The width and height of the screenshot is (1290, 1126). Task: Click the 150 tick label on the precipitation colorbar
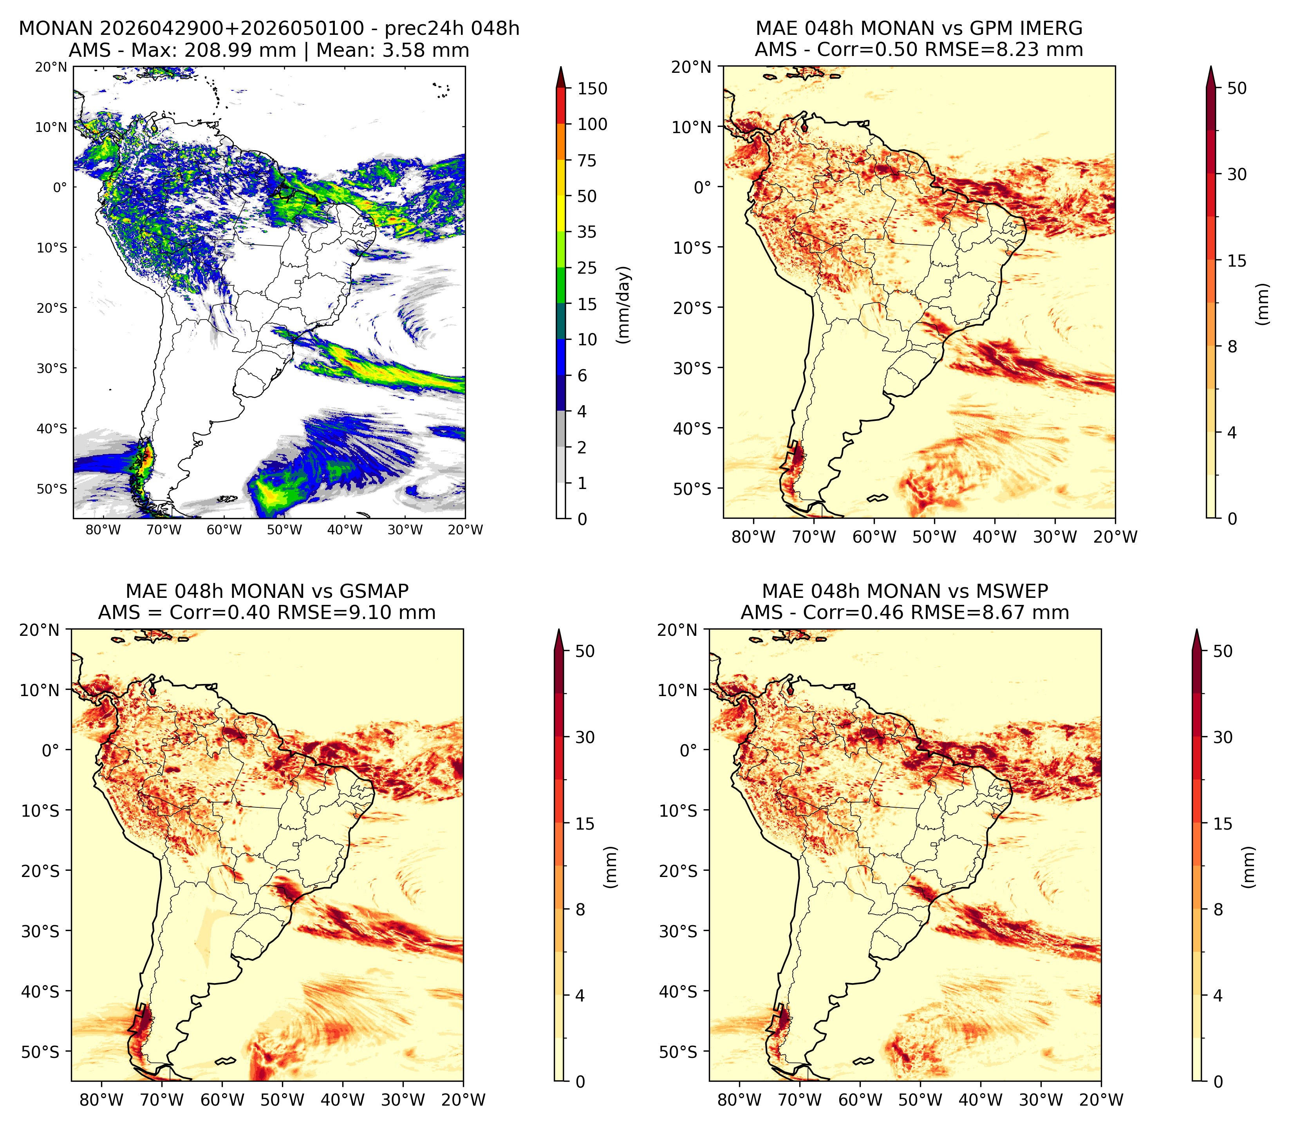(593, 88)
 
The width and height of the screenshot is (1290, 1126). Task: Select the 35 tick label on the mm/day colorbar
(587, 232)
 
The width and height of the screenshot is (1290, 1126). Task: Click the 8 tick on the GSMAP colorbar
(580, 909)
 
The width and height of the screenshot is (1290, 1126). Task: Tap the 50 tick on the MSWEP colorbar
(1223, 651)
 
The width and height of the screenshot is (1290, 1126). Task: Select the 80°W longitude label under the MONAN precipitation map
(103, 530)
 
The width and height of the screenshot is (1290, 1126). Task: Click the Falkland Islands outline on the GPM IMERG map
(877, 498)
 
